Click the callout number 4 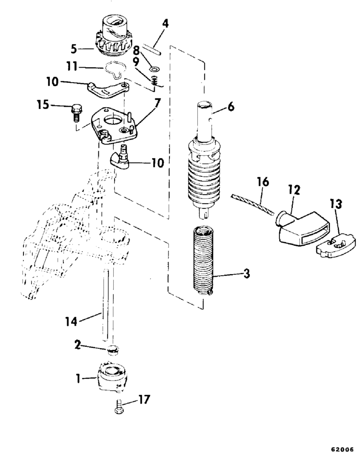166,24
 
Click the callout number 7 158,103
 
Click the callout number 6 231,107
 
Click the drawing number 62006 342,450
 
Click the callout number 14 71,322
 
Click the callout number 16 263,182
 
